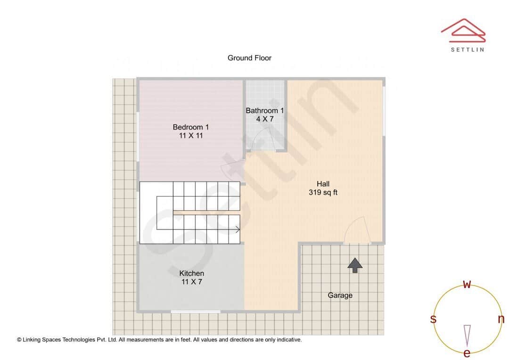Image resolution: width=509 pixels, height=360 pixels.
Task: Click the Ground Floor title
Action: click(249, 58)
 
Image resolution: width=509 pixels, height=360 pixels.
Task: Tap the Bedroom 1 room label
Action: click(190, 127)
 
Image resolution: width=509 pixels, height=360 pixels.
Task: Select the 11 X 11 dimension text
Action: click(190, 136)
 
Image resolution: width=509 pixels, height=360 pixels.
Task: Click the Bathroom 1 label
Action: click(265, 111)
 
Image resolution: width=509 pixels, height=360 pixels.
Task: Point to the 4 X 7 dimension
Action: click(265, 119)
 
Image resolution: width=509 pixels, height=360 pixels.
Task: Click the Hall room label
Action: click(323, 184)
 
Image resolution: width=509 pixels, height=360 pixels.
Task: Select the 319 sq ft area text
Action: click(323, 192)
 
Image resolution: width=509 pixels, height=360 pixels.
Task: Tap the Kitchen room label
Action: click(191, 273)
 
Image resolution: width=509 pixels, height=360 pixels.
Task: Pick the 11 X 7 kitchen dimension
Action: click(191, 282)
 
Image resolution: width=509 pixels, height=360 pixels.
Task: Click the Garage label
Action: click(340, 295)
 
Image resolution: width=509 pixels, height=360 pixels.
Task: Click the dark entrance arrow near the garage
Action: click(355, 265)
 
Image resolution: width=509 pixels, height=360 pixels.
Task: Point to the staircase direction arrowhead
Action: click(238, 229)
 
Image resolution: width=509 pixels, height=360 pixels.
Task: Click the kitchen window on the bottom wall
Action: click(195, 311)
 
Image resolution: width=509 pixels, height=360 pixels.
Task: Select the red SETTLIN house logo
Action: click(463, 29)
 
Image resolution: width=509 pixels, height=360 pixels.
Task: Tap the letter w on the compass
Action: click(467, 284)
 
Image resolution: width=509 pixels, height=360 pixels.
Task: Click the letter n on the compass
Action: click(501, 319)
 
